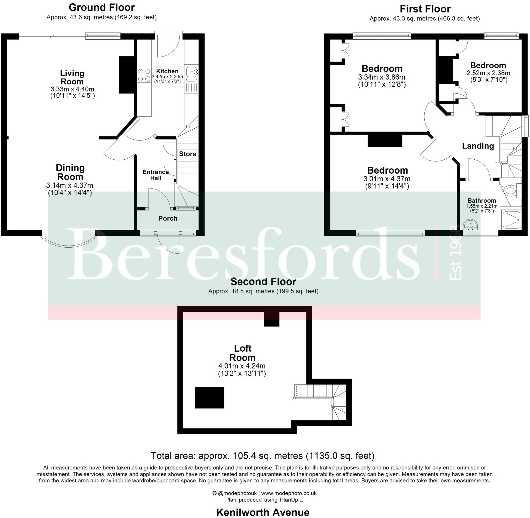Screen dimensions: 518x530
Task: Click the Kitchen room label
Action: (x=167, y=71)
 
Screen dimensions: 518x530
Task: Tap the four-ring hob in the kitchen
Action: (x=144, y=75)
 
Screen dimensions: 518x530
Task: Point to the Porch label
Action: (x=168, y=218)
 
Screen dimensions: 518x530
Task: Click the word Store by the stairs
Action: (x=187, y=154)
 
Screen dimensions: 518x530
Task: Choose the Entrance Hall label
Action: (x=156, y=175)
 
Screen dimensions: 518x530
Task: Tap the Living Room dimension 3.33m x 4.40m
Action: (x=72, y=89)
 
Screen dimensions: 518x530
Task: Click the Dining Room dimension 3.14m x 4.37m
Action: (x=70, y=185)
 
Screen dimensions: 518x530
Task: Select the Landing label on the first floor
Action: (x=478, y=146)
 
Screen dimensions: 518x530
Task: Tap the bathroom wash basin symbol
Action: (x=470, y=225)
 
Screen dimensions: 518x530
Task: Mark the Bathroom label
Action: (x=482, y=201)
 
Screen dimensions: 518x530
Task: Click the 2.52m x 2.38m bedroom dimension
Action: (x=488, y=73)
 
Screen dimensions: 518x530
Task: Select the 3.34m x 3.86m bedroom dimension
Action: (x=381, y=77)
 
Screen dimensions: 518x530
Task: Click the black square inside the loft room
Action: (x=209, y=397)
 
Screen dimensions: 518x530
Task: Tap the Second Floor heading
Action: (x=263, y=281)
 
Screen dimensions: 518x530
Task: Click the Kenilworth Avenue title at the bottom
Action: (x=263, y=512)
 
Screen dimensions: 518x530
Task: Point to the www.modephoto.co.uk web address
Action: (x=289, y=493)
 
